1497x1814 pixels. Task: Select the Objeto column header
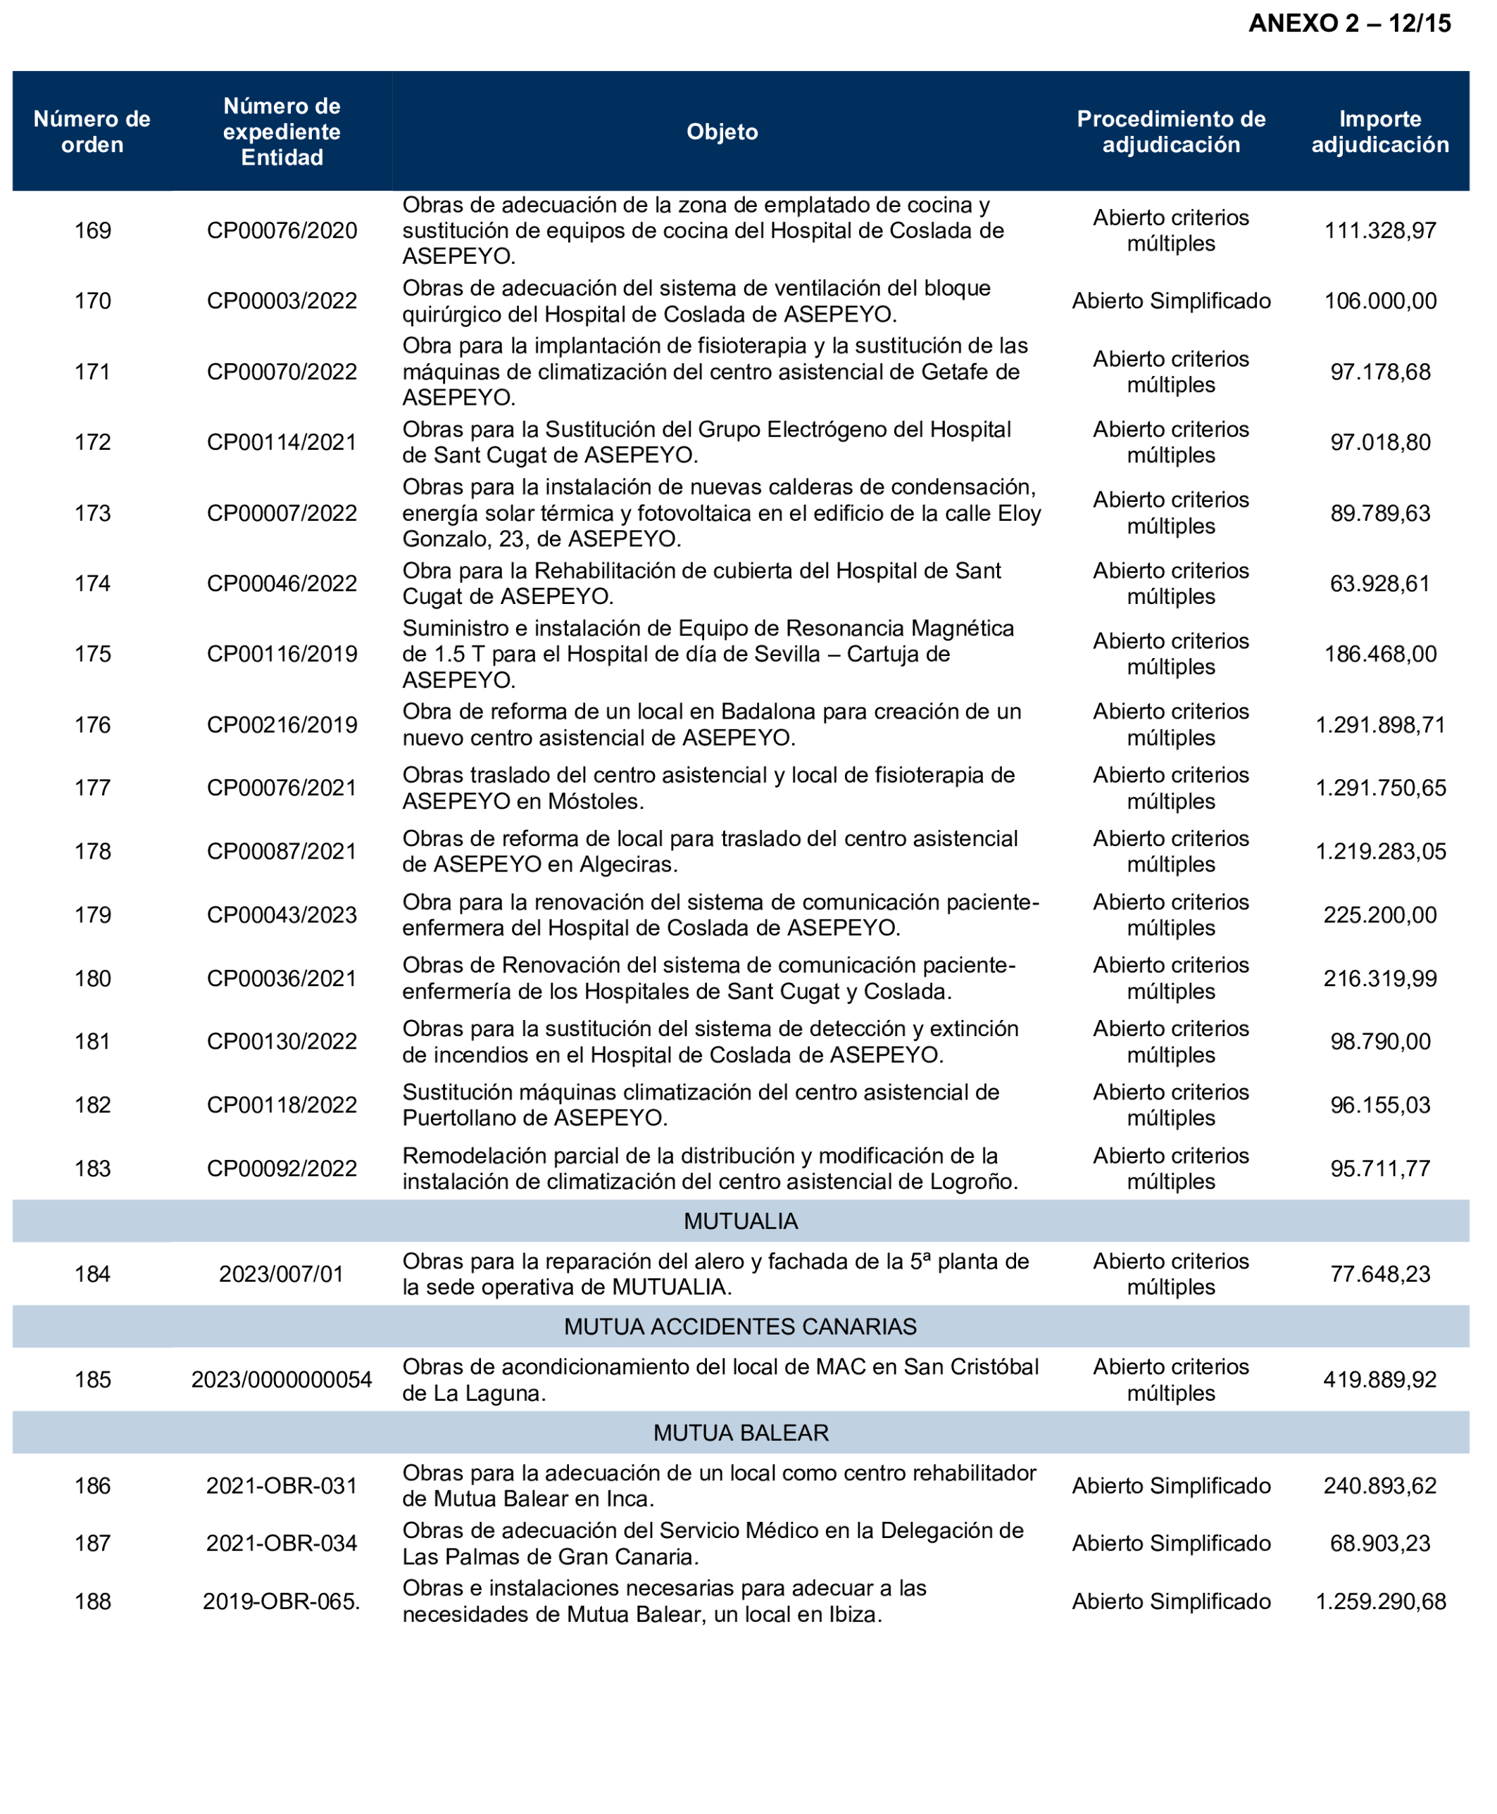tap(722, 132)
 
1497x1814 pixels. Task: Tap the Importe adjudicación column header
tap(1379, 132)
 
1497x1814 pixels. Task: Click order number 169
tap(92, 231)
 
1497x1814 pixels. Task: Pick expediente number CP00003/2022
tap(282, 301)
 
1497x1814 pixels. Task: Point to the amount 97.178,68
tap(1379, 372)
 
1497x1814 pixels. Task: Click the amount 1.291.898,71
tap(1379, 725)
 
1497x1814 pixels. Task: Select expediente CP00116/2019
tap(282, 655)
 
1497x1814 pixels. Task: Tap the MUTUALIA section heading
tap(741, 1222)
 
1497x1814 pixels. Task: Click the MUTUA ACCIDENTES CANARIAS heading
tap(741, 1327)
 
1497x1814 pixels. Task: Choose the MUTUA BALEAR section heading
tap(741, 1433)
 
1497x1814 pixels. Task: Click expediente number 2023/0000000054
tap(282, 1380)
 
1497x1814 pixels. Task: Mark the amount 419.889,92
tap(1379, 1380)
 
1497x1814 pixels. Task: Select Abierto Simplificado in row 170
tap(1171, 301)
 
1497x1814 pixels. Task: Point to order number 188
tap(92, 1602)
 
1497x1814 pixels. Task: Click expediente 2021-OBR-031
tap(282, 1487)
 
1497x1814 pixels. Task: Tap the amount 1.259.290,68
tap(1379, 1602)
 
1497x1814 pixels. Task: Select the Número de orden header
tap(92, 132)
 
